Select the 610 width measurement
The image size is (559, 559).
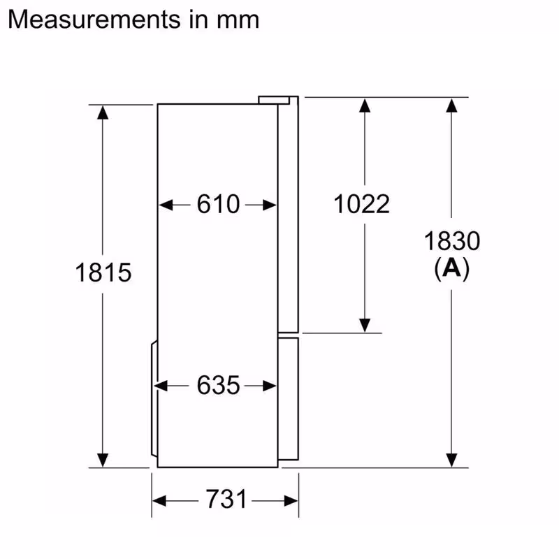point(218,205)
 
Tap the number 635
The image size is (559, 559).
point(218,385)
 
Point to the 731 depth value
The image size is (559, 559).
point(226,500)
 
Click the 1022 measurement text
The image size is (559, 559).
point(361,205)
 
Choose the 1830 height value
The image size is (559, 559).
point(452,241)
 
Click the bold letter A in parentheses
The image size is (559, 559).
point(452,268)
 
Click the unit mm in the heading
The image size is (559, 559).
point(240,20)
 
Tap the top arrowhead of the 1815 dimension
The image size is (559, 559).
point(103,112)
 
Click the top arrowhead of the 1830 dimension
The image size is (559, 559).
point(452,106)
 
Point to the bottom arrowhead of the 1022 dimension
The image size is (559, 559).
point(364,325)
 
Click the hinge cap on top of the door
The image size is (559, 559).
point(277,100)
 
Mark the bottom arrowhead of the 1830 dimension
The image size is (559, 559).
point(452,460)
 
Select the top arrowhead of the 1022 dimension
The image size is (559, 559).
point(364,106)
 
